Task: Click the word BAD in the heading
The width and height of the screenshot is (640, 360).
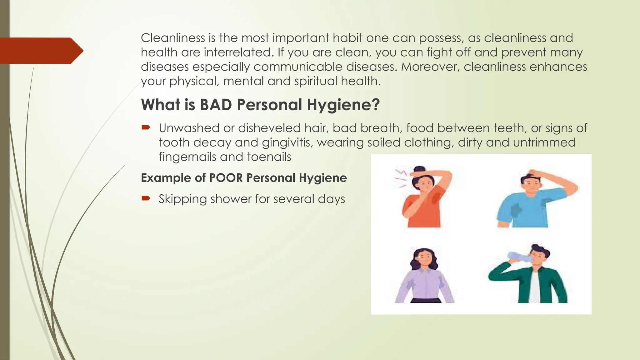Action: (216, 105)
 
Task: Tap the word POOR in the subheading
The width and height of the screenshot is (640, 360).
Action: (226, 178)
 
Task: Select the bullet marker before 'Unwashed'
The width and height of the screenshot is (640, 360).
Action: (146, 127)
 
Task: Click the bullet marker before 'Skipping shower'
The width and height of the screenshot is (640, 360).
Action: (146, 198)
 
